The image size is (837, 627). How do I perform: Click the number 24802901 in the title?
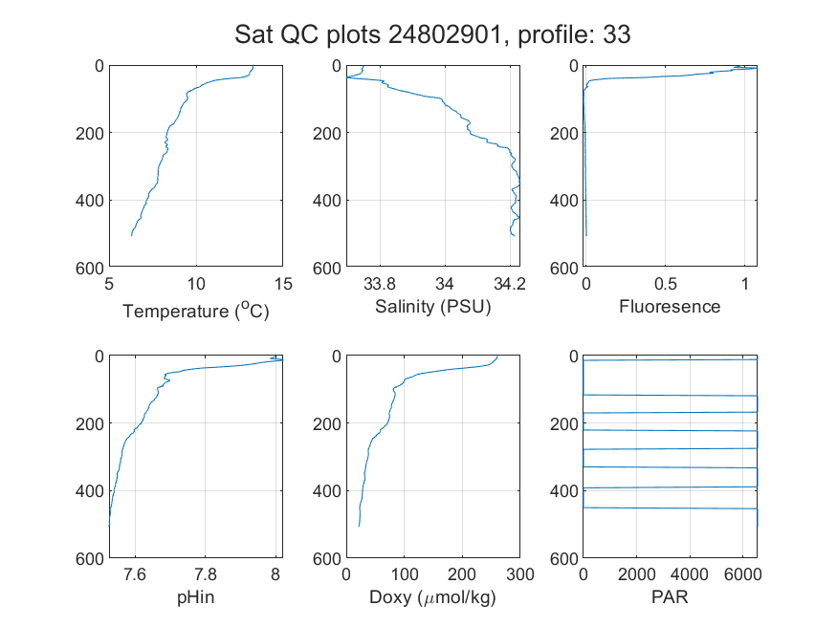[x=445, y=34]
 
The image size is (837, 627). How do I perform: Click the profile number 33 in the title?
[x=617, y=34]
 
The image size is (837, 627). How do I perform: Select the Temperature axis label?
[x=196, y=311]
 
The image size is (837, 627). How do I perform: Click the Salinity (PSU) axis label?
[x=433, y=307]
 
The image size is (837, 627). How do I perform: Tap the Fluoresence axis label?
[x=670, y=307]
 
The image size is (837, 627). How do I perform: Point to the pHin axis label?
[x=196, y=597]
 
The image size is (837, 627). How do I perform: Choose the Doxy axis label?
[x=433, y=597]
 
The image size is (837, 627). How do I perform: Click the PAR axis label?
[x=670, y=596]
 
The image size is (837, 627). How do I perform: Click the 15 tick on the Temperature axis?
[x=283, y=284]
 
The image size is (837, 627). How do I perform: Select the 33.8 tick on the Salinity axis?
[x=380, y=284]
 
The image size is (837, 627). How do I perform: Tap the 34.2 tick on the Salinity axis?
[x=510, y=284]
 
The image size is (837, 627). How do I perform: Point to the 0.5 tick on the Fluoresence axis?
[x=665, y=284]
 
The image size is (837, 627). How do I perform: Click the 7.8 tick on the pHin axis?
[x=206, y=574]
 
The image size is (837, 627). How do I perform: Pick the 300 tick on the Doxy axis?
[x=520, y=574]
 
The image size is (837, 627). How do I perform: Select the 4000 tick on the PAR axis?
[x=690, y=574]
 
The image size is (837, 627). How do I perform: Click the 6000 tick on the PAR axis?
[x=743, y=574]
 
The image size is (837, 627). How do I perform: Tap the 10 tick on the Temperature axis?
[x=196, y=284]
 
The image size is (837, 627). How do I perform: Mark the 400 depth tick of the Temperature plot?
[x=90, y=201]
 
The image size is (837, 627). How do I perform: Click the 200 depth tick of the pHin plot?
[x=90, y=423]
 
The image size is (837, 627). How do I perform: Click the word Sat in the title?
[x=254, y=34]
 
